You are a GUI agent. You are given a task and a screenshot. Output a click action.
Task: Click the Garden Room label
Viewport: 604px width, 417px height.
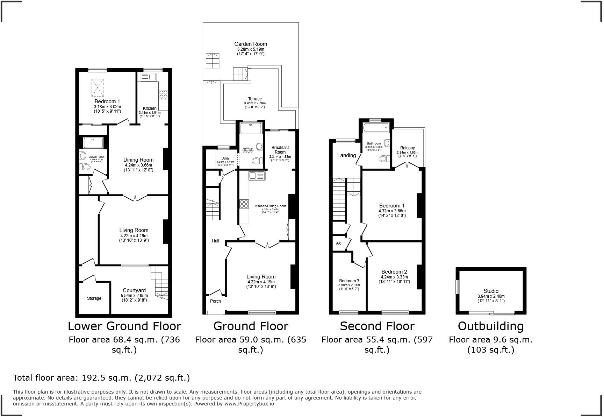click(x=251, y=44)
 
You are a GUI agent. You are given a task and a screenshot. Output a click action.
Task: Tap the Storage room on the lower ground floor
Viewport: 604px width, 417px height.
click(x=94, y=298)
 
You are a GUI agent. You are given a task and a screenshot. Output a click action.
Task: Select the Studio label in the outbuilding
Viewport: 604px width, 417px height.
click(x=491, y=291)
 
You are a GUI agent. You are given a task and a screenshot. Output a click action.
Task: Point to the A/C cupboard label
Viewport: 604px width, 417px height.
click(x=339, y=243)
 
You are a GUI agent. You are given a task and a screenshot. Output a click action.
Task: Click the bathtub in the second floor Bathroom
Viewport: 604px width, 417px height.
click(x=376, y=128)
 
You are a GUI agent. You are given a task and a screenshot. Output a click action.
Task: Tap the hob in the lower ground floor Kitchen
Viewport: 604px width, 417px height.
click(x=164, y=94)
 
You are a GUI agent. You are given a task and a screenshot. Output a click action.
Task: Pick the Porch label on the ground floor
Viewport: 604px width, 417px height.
click(x=215, y=301)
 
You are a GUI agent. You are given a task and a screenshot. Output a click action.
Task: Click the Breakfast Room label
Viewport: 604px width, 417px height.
click(x=280, y=150)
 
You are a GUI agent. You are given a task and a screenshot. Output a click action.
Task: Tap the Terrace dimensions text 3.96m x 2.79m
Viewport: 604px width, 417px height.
click(x=255, y=103)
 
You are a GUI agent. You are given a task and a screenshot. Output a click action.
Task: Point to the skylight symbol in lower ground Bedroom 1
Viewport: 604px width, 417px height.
click(x=98, y=87)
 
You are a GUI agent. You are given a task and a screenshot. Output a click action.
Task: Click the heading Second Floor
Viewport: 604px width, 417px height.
click(x=377, y=326)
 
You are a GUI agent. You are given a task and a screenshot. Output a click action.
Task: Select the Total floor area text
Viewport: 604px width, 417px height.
click(x=101, y=378)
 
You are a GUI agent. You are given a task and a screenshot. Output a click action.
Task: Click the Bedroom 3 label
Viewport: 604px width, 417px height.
click(x=349, y=281)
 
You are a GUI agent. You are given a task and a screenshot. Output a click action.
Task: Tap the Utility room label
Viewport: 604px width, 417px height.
click(x=225, y=158)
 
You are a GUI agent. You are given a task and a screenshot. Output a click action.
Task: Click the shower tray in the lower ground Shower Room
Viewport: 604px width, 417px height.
click(x=93, y=142)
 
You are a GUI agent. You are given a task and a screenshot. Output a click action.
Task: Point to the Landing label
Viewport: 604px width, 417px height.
click(x=346, y=155)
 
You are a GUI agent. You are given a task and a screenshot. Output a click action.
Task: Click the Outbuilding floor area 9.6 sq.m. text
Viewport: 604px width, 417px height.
click(x=490, y=340)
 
